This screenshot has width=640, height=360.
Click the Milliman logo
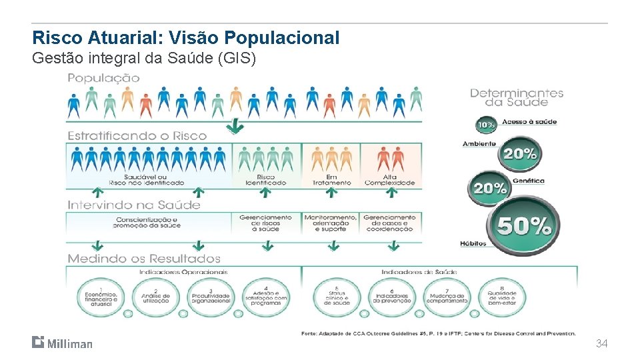(x=62, y=343)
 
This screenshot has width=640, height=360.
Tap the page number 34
(x=601, y=343)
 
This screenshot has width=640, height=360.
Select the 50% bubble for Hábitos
(x=524, y=227)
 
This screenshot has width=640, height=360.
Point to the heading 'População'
(x=103, y=78)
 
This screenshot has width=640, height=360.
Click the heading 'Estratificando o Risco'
(x=137, y=135)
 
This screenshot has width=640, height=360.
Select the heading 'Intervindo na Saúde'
(x=133, y=205)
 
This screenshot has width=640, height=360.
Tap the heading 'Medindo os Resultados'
(x=143, y=258)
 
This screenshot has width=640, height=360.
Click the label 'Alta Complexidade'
(x=389, y=180)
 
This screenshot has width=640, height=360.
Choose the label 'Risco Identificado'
(x=266, y=180)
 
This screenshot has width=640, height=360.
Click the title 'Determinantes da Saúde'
(x=517, y=97)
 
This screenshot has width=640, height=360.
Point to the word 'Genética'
(x=528, y=181)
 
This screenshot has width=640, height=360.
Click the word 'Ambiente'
(x=479, y=144)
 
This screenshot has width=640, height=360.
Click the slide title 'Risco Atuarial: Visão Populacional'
(x=186, y=37)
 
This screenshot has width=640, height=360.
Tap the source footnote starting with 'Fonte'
(x=438, y=333)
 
